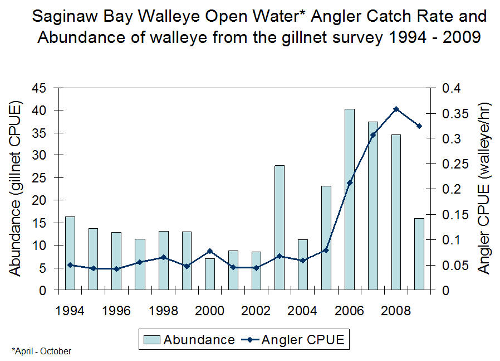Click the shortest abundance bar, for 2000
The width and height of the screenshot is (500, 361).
210,274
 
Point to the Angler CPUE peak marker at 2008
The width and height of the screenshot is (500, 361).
396,109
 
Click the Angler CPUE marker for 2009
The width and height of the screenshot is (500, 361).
419,126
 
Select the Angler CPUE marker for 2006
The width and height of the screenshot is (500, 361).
350,182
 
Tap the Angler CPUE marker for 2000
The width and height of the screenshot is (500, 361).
210,251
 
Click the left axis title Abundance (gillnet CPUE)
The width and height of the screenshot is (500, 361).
17,189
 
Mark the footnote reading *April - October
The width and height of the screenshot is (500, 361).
42,351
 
